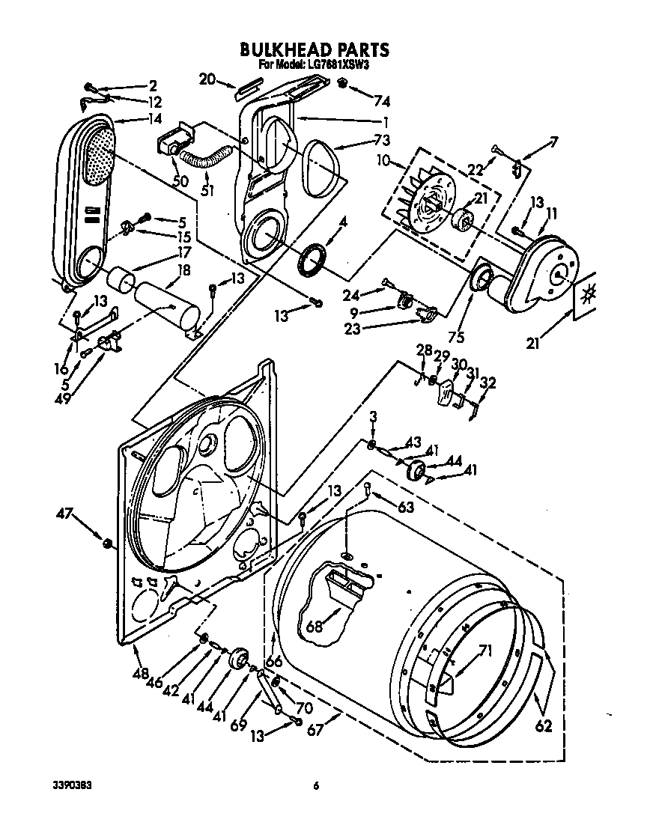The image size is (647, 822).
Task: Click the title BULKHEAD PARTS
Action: (314, 50)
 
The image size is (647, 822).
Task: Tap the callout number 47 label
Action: (66, 514)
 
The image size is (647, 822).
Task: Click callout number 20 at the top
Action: (208, 78)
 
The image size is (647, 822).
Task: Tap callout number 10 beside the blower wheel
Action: (384, 161)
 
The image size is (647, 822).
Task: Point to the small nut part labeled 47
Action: (109, 542)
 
